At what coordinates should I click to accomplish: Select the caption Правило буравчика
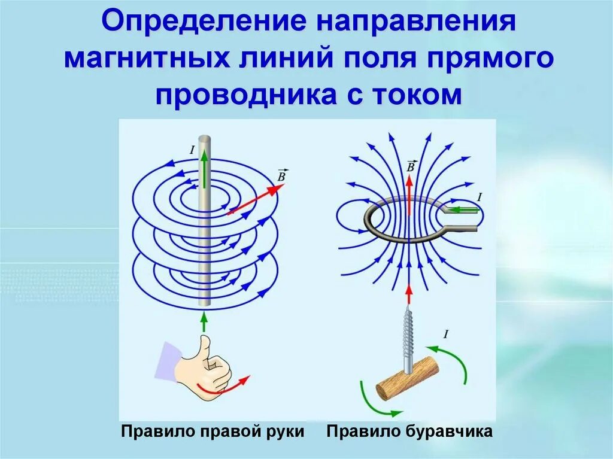[409, 431]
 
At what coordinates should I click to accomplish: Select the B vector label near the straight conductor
[281, 175]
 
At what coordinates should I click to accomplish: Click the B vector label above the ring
[410, 166]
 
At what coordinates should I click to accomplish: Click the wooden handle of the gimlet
[408, 379]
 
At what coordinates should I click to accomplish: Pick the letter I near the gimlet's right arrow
[445, 334]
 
